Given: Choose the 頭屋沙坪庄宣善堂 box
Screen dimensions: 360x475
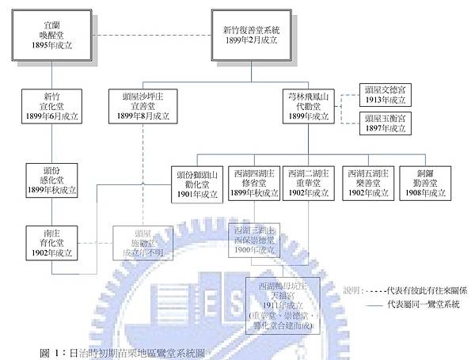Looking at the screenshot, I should tap(143, 106).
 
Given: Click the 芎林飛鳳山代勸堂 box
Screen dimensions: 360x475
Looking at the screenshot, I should tap(309, 106).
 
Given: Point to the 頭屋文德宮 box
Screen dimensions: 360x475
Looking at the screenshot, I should tap(384, 94).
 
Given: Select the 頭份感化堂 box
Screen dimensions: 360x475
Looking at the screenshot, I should tap(51, 180).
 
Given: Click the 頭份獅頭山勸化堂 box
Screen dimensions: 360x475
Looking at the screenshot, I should tap(199, 184).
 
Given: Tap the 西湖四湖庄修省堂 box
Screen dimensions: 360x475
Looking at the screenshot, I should tap(254, 184).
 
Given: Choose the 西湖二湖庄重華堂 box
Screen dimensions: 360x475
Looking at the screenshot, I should tap(310, 184).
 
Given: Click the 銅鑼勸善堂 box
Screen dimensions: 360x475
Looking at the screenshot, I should tap(422, 184).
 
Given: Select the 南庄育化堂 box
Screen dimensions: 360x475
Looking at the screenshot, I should tap(51, 243).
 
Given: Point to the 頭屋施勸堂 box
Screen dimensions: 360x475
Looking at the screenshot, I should tap(142, 242).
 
